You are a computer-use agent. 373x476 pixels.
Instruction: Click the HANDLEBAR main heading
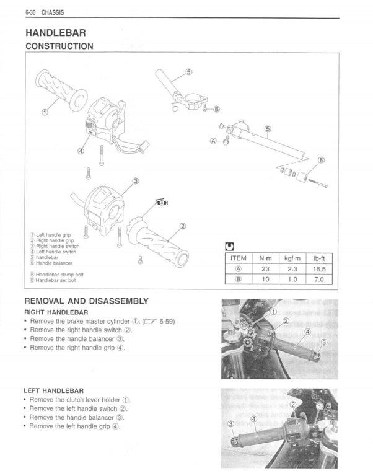(x=55, y=32)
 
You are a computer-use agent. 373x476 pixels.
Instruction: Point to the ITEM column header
(x=238, y=258)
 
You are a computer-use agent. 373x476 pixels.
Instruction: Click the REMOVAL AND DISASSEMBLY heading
(x=86, y=301)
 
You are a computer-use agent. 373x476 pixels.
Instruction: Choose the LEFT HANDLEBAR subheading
(x=53, y=391)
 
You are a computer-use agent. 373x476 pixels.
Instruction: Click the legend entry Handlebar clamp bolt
(x=59, y=274)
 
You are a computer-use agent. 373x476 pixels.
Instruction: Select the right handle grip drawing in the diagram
(x=158, y=245)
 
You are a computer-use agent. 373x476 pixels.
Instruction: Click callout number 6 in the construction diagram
(x=321, y=160)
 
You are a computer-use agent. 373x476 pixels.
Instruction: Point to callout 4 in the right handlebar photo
(x=307, y=332)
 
